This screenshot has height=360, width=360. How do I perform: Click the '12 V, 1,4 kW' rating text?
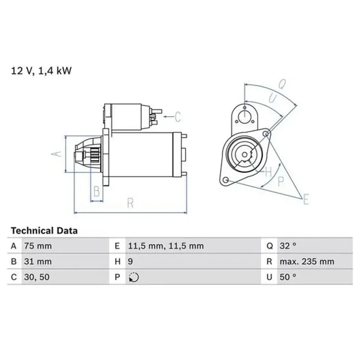[x=41, y=71]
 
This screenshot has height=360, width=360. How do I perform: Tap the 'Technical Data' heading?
[x=44, y=231]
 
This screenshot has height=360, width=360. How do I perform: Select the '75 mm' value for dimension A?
[x=38, y=246]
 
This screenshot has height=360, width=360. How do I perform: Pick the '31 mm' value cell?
[x=38, y=262]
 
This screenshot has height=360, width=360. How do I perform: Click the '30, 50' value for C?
[x=37, y=277]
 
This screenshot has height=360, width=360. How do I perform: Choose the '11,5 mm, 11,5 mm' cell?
[x=166, y=246]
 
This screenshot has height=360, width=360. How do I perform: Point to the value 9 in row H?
[x=130, y=262]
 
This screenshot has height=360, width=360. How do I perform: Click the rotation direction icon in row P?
[x=134, y=277]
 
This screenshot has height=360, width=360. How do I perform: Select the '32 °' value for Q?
[x=287, y=246]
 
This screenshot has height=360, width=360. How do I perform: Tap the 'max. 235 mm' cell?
[x=307, y=262]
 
